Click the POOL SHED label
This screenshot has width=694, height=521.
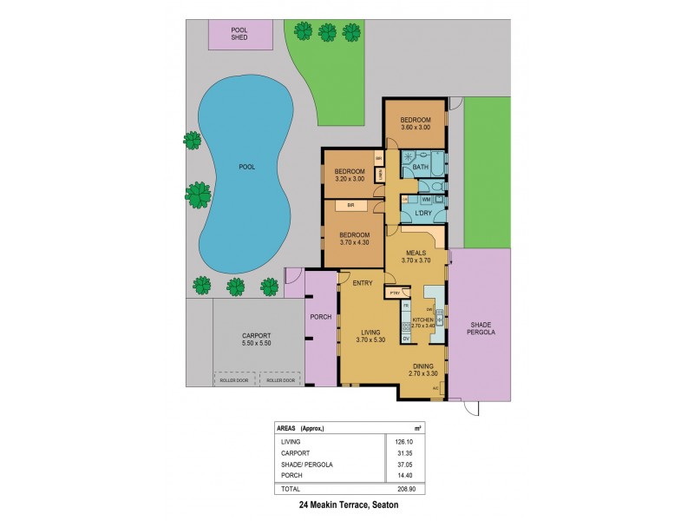(x=239, y=35)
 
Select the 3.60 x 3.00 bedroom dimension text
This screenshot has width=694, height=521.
(x=415, y=128)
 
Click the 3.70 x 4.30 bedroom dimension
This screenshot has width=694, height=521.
(x=355, y=242)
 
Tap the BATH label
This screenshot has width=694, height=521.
(x=421, y=167)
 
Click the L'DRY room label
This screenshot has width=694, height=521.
(x=424, y=214)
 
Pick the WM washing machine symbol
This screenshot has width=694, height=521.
(x=426, y=200)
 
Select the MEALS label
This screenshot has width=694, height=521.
(x=416, y=252)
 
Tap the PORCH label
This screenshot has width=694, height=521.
(x=320, y=316)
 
